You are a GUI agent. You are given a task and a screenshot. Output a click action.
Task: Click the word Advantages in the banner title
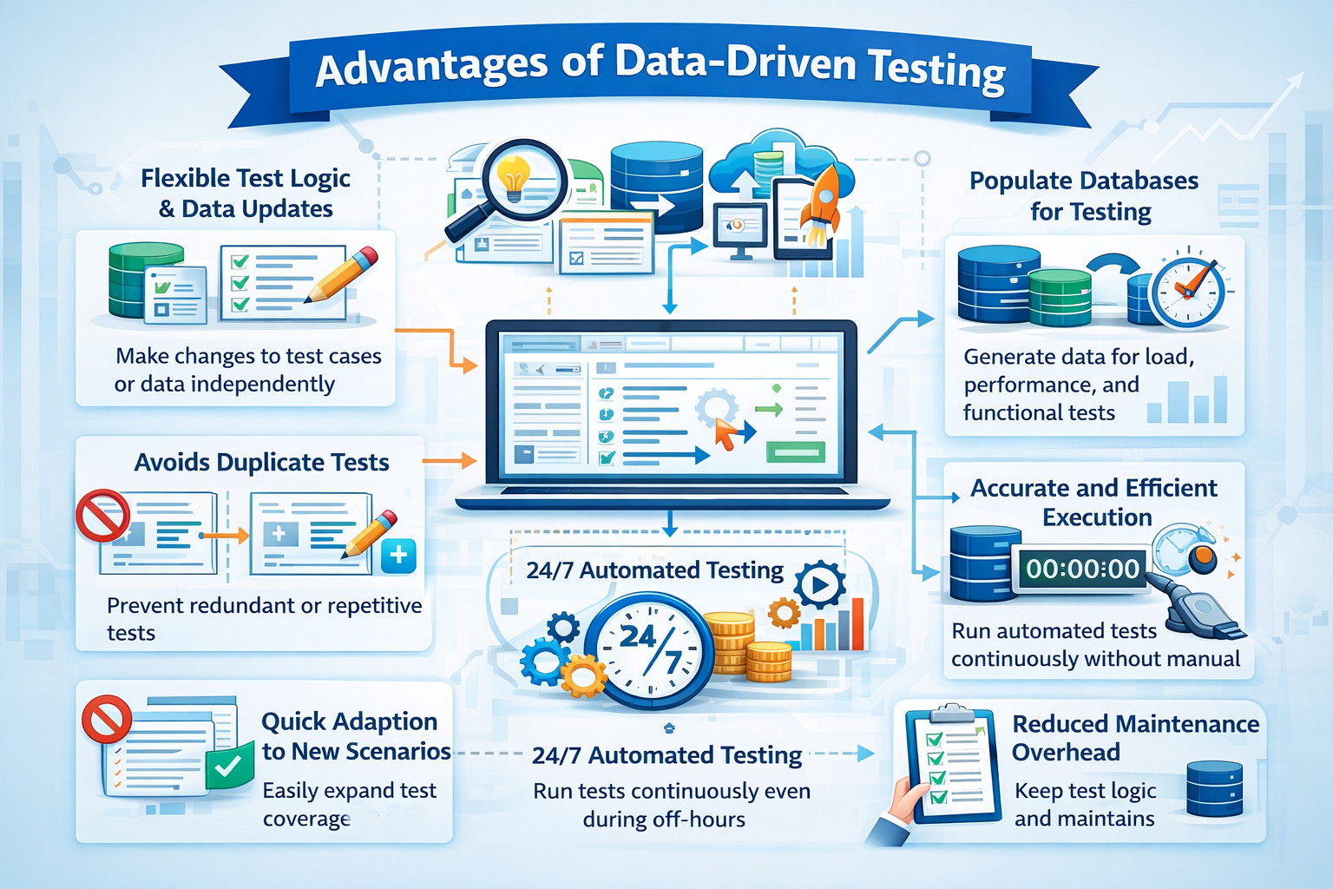431,68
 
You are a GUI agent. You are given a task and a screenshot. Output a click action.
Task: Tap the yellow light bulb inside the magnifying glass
514,177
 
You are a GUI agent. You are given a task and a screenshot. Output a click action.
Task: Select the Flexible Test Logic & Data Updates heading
246,194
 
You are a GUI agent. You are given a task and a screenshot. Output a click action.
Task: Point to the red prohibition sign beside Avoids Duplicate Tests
102,515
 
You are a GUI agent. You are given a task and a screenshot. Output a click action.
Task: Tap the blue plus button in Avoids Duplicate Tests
398,556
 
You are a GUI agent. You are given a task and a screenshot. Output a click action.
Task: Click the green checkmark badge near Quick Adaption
229,767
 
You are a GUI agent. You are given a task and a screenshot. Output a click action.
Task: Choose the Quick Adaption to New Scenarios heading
356,736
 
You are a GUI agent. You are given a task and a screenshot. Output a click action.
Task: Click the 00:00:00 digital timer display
1082,570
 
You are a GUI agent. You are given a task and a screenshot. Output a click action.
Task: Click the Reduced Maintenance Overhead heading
1134,737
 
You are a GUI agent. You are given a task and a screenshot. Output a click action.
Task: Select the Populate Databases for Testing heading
1084,196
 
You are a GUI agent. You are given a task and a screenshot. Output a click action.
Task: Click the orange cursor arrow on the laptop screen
726,431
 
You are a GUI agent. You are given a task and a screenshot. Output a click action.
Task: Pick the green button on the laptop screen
794,451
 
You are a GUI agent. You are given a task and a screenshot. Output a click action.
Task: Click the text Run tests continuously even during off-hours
671,805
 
